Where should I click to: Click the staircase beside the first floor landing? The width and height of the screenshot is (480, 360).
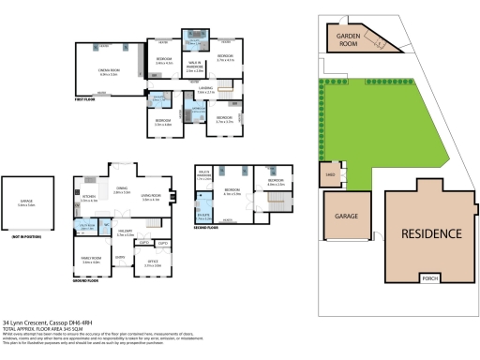(x=228, y=91)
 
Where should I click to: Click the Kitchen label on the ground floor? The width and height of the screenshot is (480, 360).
(x=90, y=199)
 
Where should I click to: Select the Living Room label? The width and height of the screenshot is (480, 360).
(x=153, y=198)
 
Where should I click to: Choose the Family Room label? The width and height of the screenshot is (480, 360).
(x=91, y=261)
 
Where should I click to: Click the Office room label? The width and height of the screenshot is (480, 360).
(x=153, y=264)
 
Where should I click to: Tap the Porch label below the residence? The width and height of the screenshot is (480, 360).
(x=430, y=278)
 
